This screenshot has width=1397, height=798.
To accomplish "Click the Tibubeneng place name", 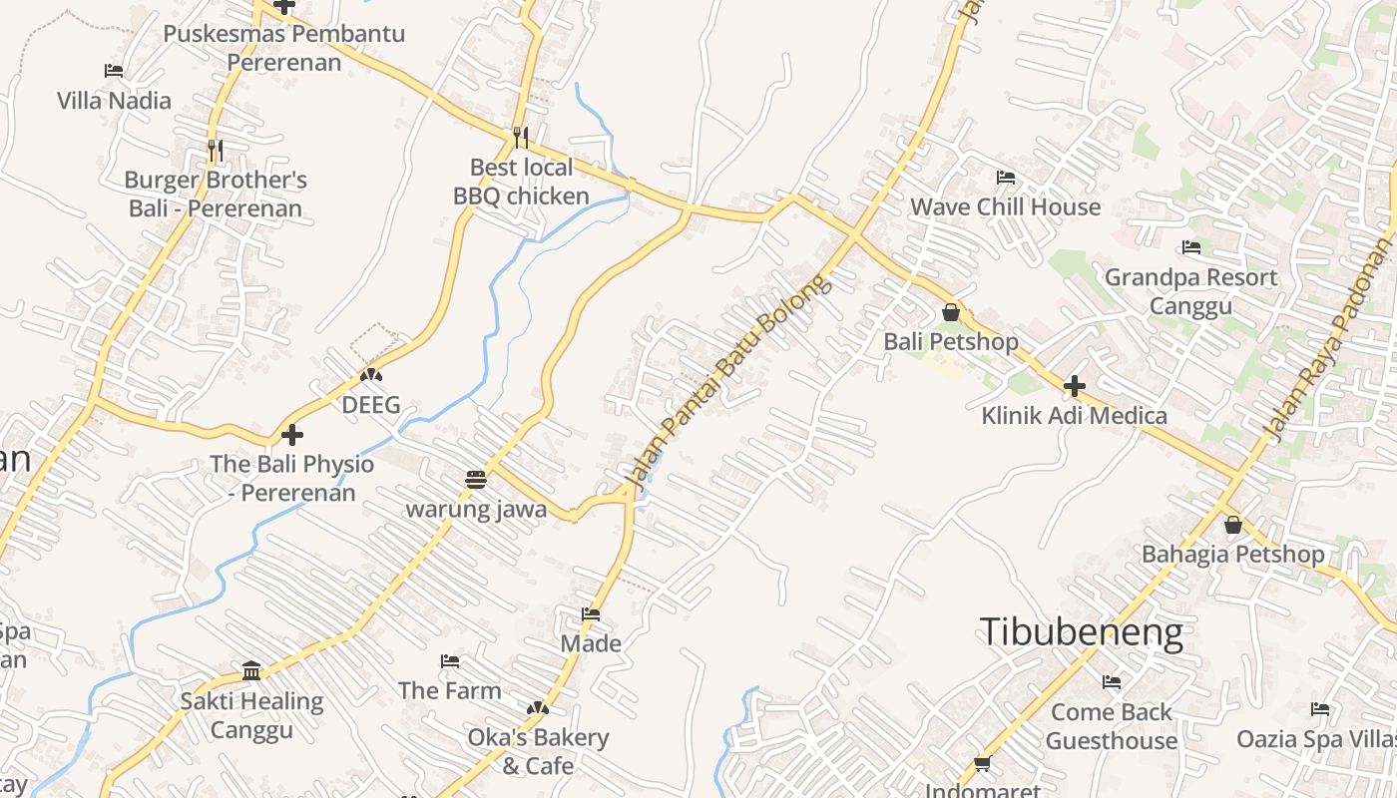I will [1082, 632].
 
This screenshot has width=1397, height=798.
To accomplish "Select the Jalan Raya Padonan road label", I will [1328, 340].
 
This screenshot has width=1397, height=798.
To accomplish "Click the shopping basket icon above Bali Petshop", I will [951, 312].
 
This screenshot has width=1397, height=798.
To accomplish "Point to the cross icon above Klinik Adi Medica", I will [1075, 385].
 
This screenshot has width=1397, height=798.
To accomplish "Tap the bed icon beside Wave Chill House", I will [1006, 178].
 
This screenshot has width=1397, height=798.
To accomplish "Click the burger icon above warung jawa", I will [476, 479].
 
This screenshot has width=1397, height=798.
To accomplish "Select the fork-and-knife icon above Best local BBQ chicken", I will [521, 137].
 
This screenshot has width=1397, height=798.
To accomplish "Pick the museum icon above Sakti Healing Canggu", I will [251, 670].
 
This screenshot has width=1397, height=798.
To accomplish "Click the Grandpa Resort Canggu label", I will [1190, 291].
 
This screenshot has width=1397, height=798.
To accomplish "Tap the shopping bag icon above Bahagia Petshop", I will [1233, 525].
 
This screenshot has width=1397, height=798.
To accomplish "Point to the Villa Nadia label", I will [114, 101].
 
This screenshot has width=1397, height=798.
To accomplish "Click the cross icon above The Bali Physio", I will [292, 435].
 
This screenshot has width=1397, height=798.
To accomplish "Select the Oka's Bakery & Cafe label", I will [539, 751].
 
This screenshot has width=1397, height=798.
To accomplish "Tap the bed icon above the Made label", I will [591, 614].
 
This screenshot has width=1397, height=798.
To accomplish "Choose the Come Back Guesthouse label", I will [1112, 726].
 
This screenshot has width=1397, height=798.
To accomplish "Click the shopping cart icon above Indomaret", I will [982, 764].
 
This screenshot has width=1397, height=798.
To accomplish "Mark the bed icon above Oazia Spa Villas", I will [1320, 709].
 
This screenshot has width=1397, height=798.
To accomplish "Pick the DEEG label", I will [371, 405].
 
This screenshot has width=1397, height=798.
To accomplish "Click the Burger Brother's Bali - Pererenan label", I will [216, 195].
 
